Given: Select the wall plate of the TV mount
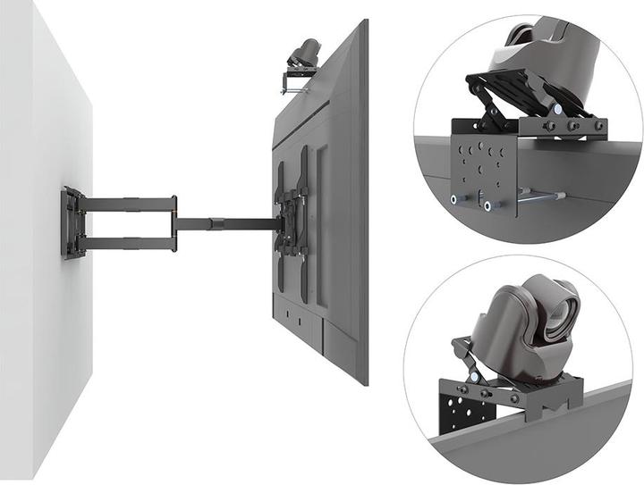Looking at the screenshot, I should pyautogui.click(x=72, y=222).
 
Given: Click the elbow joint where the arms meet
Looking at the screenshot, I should pyautogui.click(x=177, y=221).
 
